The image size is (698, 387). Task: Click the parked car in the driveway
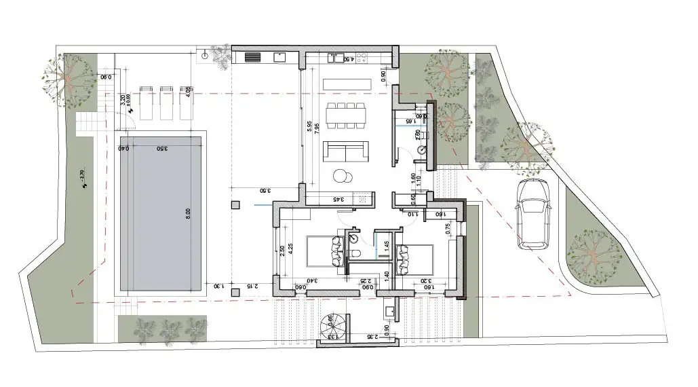tap(532, 213)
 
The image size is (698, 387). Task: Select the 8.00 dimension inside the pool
tap(188, 213)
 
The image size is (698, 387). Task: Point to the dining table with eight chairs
tap(345, 115)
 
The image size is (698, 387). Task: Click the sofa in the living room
tap(345, 149)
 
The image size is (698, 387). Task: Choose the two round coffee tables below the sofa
tap(343, 175)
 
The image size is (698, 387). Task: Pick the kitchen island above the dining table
tap(347, 84)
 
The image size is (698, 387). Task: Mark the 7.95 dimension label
tap(317, 130)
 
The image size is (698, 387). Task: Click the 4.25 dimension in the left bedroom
tap(290, 248)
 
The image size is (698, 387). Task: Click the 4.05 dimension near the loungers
tap(188, 92)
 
